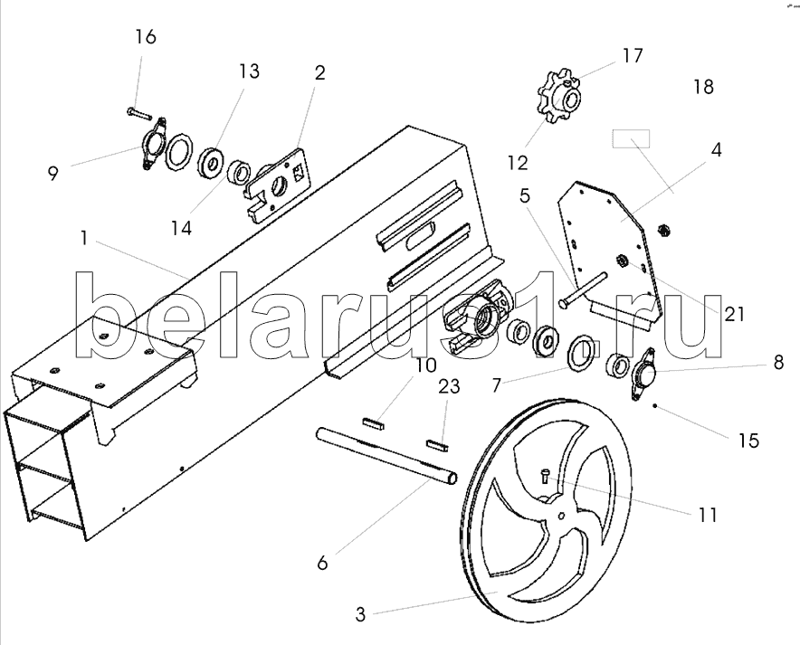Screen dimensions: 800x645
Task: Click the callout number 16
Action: click(146, 37)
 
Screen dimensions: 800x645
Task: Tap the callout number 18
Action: click(703, 87)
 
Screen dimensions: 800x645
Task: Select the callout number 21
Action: click(734, 314)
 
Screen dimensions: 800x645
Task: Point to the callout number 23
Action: click(449, 386)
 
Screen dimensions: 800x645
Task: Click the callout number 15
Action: click(748, 441)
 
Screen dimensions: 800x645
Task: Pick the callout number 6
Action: click(322, 564)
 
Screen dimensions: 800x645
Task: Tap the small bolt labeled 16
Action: click(137, 112)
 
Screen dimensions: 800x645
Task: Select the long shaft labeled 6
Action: click(386, 455)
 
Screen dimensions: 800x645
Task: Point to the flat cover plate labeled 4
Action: click(609, 255)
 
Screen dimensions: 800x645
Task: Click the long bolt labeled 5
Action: click(583, 289)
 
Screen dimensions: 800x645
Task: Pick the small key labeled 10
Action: click(374, 423)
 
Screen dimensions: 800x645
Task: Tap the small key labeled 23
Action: click(437, 444)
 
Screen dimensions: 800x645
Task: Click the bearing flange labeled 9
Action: click(153, 143)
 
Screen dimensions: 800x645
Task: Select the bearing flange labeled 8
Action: click(643, 375)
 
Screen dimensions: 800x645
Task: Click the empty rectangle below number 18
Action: click(631, 138)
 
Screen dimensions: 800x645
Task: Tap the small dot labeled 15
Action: click(655, 406)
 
